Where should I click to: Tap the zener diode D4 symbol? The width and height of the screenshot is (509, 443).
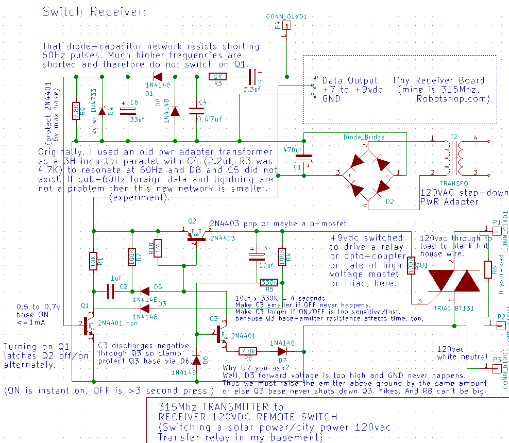[102, 111]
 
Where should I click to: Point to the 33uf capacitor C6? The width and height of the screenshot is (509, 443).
[124, 111]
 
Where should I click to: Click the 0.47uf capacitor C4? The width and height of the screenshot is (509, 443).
[196, 110]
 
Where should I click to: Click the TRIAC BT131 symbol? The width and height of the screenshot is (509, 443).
[454, 281]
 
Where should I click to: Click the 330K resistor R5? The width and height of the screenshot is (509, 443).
[269, 282]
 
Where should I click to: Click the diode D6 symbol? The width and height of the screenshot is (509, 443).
[196, 359]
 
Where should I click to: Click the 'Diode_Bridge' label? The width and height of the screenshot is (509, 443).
[364, 137]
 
